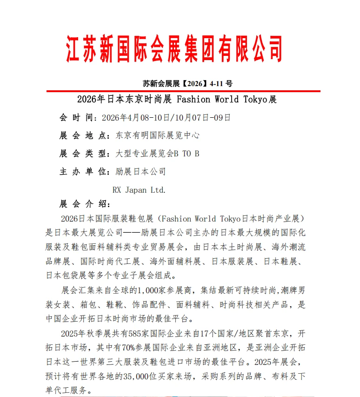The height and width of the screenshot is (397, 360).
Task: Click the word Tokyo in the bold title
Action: click(250, 99)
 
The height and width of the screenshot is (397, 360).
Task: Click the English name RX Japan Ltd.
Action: click(139, 190)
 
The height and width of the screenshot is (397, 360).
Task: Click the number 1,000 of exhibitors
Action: click(147, 291)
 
